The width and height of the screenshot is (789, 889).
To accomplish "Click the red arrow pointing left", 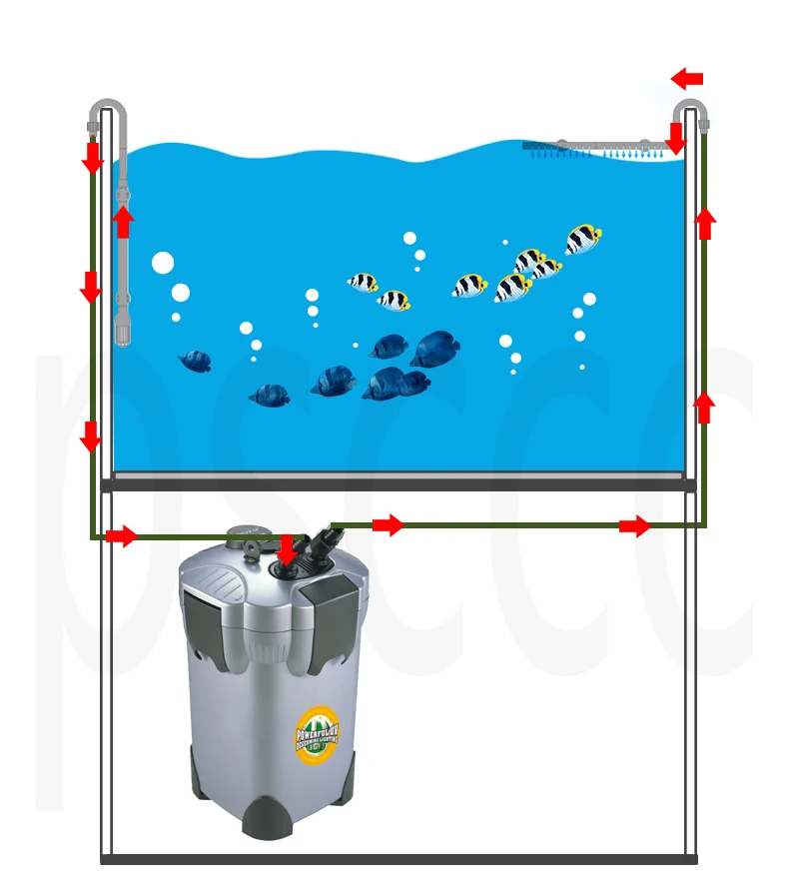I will coord(687,78).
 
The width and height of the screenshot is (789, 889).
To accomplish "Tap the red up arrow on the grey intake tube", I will coord(123,222).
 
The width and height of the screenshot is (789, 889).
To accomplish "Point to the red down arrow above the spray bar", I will coord(676,139).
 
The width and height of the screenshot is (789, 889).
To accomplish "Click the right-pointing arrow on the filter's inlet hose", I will coord(121,536).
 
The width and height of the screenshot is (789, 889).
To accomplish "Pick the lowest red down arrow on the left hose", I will coord(91,437).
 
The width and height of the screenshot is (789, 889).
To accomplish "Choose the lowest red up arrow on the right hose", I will coord(704,407).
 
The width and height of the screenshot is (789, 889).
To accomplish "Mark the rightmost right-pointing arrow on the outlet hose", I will coord(634,525).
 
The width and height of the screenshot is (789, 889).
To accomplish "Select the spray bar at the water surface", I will coord(596,147).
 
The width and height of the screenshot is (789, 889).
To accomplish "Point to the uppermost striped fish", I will coord(583,240).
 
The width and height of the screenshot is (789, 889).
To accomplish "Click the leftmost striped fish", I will coord(363,282).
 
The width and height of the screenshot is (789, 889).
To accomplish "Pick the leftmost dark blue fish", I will coord(196,361).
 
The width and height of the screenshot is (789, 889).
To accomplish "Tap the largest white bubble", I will coord(163,264).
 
